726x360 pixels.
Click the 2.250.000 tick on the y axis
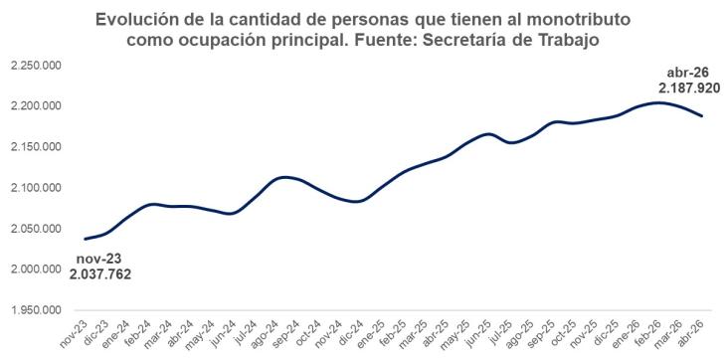pos(36,66)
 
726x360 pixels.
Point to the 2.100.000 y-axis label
pos(36,188)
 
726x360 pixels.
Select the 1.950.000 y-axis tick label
pos(36,310)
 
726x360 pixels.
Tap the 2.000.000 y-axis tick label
pos(36,270)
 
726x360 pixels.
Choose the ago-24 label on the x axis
pos(262,333)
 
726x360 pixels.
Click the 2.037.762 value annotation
pos(100,274)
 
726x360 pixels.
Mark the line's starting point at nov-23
pos(86,239)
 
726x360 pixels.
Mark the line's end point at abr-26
pos(702,115)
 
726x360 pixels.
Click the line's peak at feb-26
pos(658,102)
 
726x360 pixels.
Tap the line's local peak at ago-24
pos(283,177)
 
